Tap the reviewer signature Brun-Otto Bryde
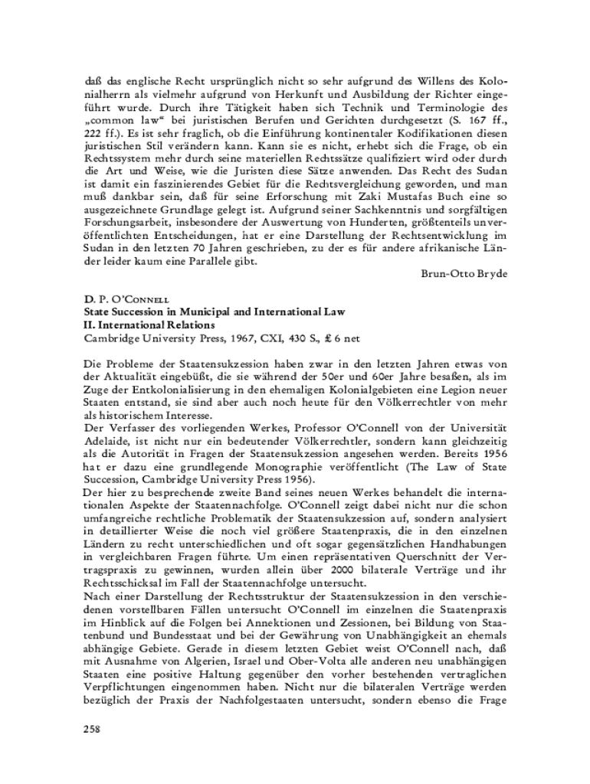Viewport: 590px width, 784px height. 464,273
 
